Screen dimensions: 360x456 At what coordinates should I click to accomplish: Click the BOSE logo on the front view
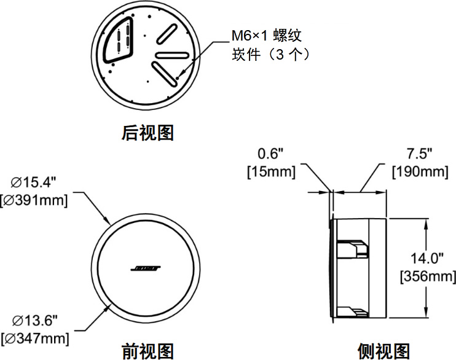click(146, 269)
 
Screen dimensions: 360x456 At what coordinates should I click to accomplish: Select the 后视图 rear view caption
click(147, 133)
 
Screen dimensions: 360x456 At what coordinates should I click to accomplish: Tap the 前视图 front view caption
click(147, 351)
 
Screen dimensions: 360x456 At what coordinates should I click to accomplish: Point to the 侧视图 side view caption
click(383, 351)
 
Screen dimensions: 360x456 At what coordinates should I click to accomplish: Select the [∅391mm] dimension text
click(35, 199)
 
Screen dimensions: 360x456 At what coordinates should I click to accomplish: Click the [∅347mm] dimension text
click(35, 337)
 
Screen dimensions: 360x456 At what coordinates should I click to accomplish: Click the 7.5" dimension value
click(420, 152)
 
